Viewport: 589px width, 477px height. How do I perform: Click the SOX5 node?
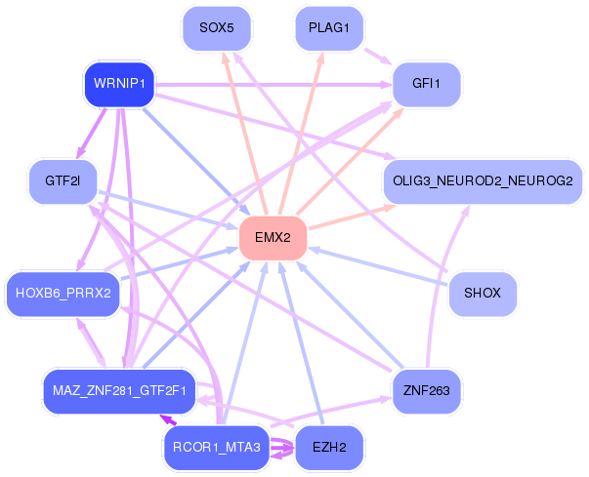[217, 28]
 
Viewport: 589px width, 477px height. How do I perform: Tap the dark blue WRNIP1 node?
[119, 84]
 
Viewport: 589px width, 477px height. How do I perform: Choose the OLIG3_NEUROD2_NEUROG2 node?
[482, 180]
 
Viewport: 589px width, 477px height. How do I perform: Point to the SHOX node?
[482, 293]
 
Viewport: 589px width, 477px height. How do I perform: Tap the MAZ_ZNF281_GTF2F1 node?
[120, 390]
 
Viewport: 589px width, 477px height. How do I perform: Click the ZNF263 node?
[427, 390]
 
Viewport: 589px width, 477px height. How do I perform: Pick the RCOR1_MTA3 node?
[217, 448]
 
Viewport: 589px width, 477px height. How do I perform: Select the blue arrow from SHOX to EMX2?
[381, 266]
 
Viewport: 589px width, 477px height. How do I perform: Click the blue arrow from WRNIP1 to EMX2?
[195, 161]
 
